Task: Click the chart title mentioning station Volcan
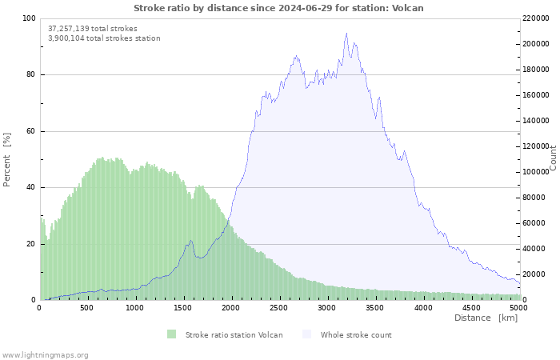tap(278, 8)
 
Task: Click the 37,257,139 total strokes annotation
tap(92, 28)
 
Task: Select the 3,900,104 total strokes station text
tap(104, 38)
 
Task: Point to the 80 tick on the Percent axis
tap(30, 75)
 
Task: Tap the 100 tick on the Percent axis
tap(29, 18)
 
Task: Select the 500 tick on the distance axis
tap(86, 307)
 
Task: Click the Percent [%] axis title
tap(7, 159)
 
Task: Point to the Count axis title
tap(553, 158)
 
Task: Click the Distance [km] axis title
tap(486, 318)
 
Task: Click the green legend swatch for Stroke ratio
tap(171, 334)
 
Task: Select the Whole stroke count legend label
tap(356, 334)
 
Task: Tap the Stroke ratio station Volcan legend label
tap(234, 334)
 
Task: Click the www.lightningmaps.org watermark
tap(45, 354)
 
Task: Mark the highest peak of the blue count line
tap(346, 34)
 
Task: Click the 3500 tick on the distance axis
tap(375, 307)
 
